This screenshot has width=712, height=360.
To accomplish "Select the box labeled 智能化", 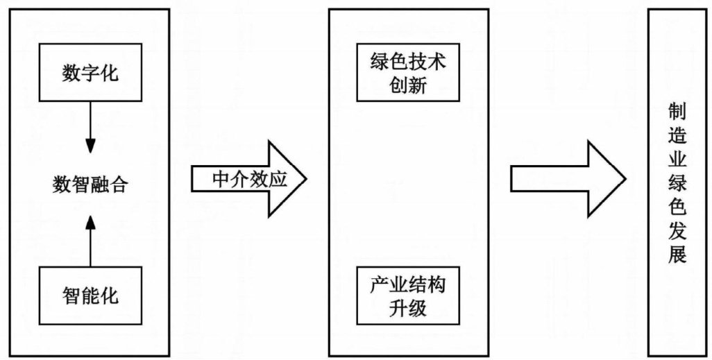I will point(90,296).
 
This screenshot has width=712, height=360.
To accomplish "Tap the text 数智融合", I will point(90,185).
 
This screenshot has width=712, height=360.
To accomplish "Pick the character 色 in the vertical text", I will point(677,207).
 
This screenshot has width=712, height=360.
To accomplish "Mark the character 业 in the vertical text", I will point(677,160).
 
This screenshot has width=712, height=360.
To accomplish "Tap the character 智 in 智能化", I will point(71,296).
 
